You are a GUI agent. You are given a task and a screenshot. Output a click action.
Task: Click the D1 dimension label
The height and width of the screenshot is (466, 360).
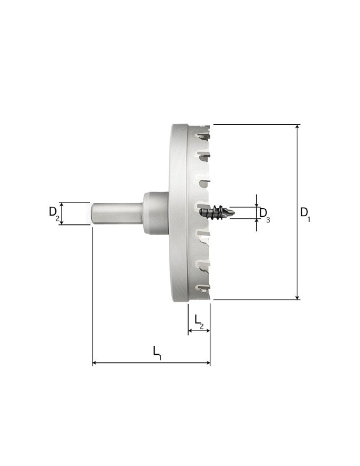tap(305, 212)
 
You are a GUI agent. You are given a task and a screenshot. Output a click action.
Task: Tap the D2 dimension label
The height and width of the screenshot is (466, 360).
tap(54, 212)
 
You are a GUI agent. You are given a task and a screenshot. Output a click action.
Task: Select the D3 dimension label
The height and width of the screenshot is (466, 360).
tap(264, 213)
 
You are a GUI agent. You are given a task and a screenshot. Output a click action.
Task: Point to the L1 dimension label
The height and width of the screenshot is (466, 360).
tap(157, 352)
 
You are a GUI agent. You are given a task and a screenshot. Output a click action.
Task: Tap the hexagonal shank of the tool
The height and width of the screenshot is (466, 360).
tap(116, 213)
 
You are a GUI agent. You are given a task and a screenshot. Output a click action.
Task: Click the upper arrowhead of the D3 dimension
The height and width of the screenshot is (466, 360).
tap(256, 204)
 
